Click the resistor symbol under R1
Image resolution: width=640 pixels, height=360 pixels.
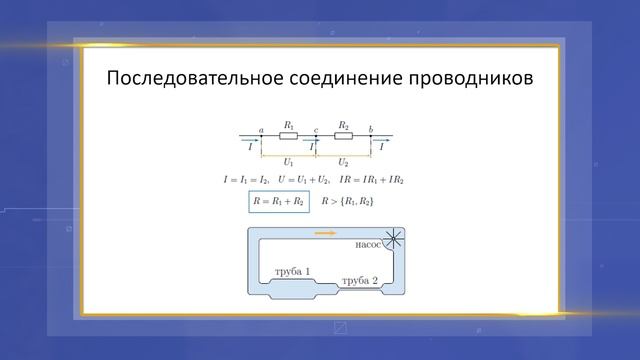[288, 135]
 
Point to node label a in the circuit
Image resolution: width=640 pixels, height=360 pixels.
[261, 129]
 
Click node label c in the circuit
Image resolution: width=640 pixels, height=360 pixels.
[316, 129]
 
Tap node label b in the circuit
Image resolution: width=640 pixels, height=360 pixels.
[371, 129]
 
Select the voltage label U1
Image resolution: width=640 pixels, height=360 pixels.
[288, 160]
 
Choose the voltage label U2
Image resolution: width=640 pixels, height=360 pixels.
[343, 160]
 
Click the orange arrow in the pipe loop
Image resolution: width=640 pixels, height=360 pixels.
[325, 234]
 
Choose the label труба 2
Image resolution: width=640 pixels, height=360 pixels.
[360, 281]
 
